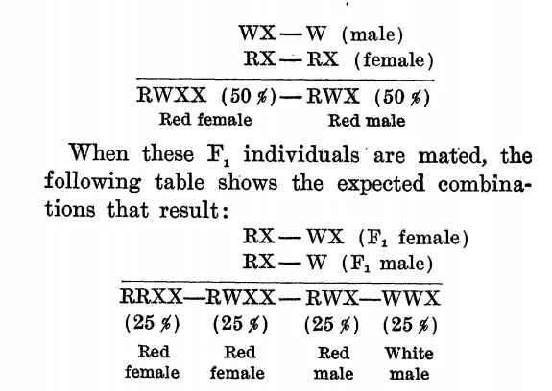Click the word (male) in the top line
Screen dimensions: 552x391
click(372, 35)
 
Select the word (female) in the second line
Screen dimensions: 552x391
click(394, 60)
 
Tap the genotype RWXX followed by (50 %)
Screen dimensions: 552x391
click(172, 95)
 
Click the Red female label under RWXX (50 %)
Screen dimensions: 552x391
click(205, 120)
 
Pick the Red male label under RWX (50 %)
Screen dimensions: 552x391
click(367, 121)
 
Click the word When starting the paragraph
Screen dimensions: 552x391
click(99, 153)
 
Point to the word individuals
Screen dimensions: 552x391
click(301, 154)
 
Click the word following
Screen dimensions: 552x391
click(92, 182)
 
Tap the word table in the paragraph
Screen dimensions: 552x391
click(180, 181)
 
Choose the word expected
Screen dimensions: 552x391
click(381, 184)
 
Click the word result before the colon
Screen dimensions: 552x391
click(189, 210)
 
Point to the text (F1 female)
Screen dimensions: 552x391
click(414, 238)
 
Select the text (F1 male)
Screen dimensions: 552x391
click(387, 264)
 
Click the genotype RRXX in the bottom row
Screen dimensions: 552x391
click(152, 296)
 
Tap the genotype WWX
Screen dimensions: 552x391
click(412, 298)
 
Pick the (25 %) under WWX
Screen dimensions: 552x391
click(410, 325)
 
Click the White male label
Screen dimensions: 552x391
click(409, 363)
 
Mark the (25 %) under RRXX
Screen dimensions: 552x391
click(152, 323)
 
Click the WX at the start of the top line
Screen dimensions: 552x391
click(257, 34)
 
